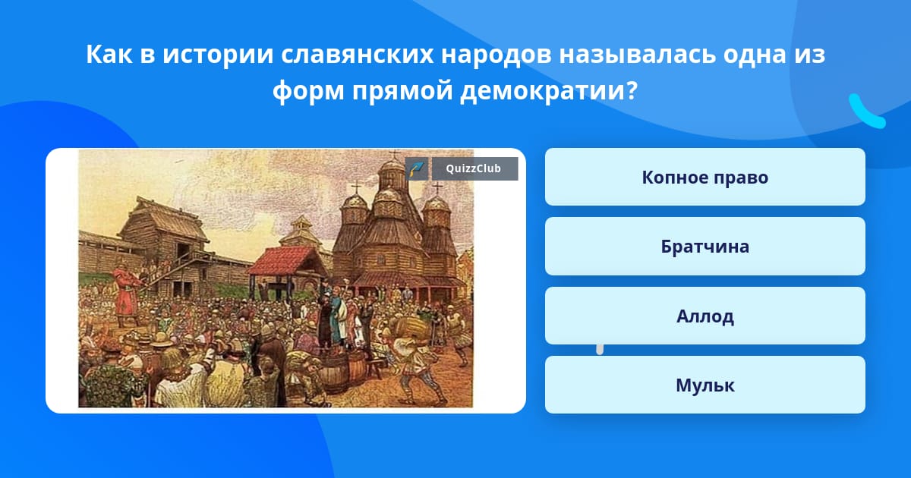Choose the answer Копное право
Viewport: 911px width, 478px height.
click(x=705, y=177)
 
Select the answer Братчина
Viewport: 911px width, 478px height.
click(x=705, y=247)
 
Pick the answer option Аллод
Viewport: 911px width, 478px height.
click(x=705, y=316)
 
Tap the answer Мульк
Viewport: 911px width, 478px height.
click(x=705, y=385)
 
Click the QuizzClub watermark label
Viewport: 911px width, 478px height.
click(x=474, y=168)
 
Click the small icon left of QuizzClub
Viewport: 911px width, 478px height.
click(x=417, y=168)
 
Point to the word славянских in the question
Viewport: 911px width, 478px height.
click(x=357, y=55)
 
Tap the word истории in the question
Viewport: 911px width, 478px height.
click(x=218, y=55)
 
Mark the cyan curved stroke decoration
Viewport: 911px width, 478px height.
click(x=867, y=112)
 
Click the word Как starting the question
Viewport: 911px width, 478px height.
click(x=109, y=55)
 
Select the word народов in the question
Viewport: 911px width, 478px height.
click(x=496, y=55)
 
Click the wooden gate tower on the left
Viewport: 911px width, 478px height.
click(x=162, y=244)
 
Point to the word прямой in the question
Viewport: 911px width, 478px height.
click(x=402, y=90)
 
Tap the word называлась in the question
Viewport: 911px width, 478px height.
click(x=637, y=55)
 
